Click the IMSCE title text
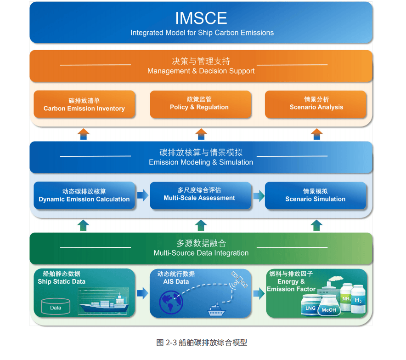201,18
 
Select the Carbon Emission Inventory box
84,104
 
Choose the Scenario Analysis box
316,103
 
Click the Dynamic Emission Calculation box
84,195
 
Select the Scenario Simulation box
316,195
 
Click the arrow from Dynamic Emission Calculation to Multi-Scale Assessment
143,195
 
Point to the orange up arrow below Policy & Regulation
201,134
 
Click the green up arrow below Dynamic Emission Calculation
84,225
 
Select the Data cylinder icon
56,306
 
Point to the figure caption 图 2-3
202,342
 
